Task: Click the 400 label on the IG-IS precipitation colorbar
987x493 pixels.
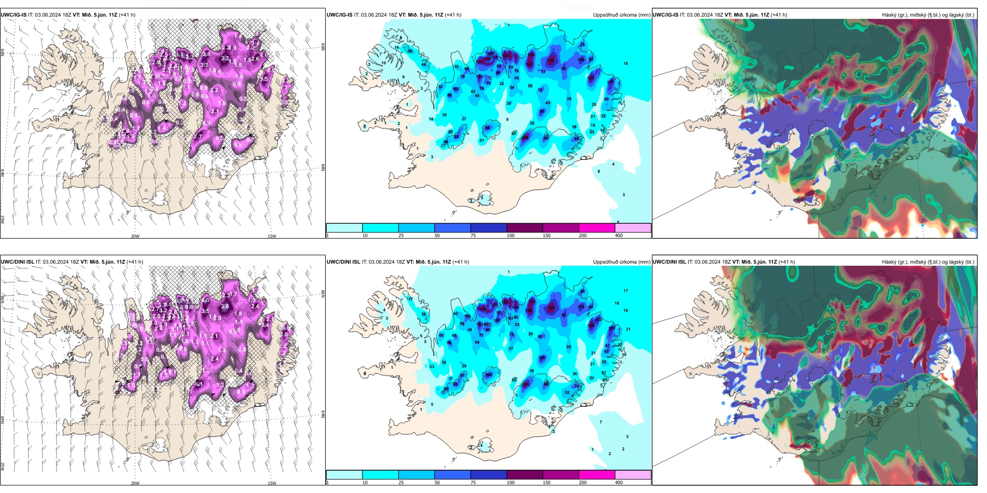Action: tap(618, 236)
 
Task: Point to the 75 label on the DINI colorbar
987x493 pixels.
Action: tap(473, 483)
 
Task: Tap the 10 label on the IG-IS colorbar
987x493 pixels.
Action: tap(365, 236)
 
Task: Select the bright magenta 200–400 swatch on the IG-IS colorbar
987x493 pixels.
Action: tap(597, 228)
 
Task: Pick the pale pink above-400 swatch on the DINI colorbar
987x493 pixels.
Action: tap(633, 475)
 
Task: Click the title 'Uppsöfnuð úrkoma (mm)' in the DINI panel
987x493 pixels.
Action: tap(621, 262)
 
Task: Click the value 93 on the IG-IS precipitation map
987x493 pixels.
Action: tap(542, 112)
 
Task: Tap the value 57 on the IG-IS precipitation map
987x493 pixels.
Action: tap(441, 87)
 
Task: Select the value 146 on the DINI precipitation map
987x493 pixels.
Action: tap(529, 310)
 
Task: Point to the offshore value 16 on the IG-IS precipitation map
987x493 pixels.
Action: tap(625, 64)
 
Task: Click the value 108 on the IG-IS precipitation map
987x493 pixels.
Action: tap(529, 64)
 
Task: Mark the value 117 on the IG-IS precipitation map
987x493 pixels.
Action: tap(610, 82)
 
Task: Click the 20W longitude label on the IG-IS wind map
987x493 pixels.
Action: tap(135, 236)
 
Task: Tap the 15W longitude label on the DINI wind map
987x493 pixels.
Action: tap(272, 483)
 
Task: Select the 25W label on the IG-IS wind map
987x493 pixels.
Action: tap(3, 220)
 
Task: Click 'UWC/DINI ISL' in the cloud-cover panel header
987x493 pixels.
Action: tap(669, 262)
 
